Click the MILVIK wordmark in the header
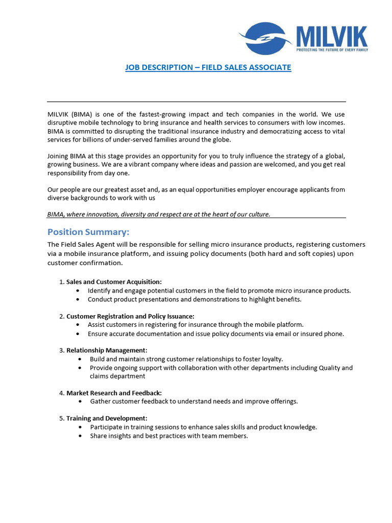pyautogui.click(x=332, y=36)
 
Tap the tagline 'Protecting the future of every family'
pyautogui.click(x=332, y=50)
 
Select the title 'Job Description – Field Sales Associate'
pyautogui.click(x=208, y=67)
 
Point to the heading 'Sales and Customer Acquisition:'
pyautogui.click(x=114, y=282)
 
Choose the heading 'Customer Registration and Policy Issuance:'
pyautogui.click(x=130, y=317)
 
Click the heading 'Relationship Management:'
pyautogui.click(x=107, y=350)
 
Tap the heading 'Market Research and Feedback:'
pyautogui.click(x=114, y=393)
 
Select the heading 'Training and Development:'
pyautogui.click(x=107, y=418)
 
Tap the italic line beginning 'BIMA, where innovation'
pyautogui.click(x=159, y=215)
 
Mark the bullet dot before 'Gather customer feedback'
pyautogui.click(x=81, y=401)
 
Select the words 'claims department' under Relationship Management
pyautogui.click(x=117, y=376)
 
